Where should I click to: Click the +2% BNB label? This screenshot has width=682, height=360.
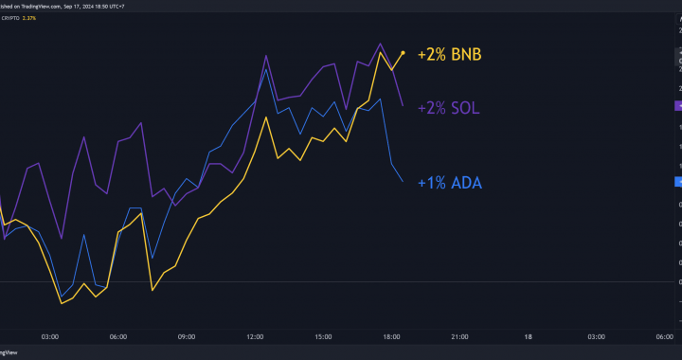pyautogui.click(x=450, y=55)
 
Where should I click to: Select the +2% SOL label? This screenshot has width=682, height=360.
pyautogui.click(x=449, y=108)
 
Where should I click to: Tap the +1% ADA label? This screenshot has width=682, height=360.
pyautogui.click(x=448, y=183)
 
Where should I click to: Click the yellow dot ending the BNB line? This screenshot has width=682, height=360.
pyautogui.click(x=404, y=53)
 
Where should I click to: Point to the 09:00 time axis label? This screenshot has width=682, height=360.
pyautogui.click(x=186, y=336)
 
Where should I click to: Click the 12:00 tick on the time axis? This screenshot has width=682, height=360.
pyautogui.click(x=254, y=336)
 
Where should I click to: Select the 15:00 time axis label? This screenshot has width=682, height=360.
pyautogui.click(x=323, y=336)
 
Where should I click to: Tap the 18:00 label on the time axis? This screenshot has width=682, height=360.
pyautogui.click(x=391, y=336)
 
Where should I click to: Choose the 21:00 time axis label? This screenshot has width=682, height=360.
pyautogui.click(x=459, y=336)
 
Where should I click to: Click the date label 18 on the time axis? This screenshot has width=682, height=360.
pyautogui.click(x=529, y=336)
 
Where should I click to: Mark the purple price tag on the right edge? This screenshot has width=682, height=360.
pyautogui.click(x=677, y=106)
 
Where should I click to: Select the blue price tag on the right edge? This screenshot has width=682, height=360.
pyautogui.click(x=677, y=181)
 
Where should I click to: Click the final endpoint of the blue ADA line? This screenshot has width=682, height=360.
pyautogui.click(x=403, y=181)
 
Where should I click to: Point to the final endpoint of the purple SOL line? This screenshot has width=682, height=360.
pyautogui.click(x=404, y=105)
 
